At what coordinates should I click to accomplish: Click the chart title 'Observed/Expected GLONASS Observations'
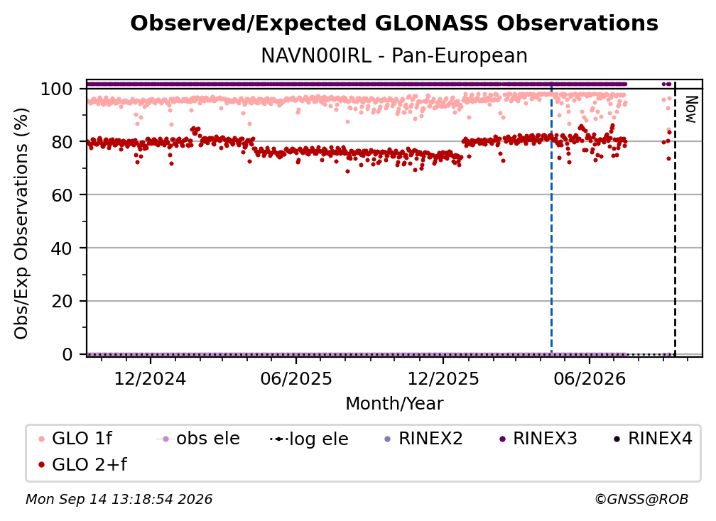(x=394, y=23)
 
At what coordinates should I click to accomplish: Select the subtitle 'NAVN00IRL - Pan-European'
(x=394, y=55)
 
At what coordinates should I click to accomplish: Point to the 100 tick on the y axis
(x=57, y=89)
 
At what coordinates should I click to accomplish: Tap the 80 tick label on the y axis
(x=62, y=142)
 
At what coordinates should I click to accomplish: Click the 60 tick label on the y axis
(x=62, y=194)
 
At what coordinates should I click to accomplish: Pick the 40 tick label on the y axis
(x=62, y=248)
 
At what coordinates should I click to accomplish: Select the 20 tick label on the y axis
(x=62, y=301)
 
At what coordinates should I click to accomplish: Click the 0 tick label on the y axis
(x=67, y=354)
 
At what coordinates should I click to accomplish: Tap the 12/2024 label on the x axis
(x=150, y=378)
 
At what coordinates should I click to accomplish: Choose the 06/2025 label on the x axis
(x=296, y=378)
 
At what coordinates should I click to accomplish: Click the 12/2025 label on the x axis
(x=443, y=378)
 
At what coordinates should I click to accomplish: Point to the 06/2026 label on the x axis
(x=589, y=378)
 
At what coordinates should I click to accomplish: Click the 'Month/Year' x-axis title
(x=394, y=403)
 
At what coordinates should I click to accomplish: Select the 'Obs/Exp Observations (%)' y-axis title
(x=21, y=224)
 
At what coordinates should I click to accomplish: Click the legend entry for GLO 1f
(x=75, y=439)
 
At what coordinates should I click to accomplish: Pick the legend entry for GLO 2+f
(x=82, y=464)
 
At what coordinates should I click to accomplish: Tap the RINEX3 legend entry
(x=538, y=439)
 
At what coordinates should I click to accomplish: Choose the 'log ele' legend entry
(x=309, y=439)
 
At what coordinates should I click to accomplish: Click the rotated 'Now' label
(x=691, y=109)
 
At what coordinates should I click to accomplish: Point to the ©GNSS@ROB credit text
(x=641, y=499)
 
